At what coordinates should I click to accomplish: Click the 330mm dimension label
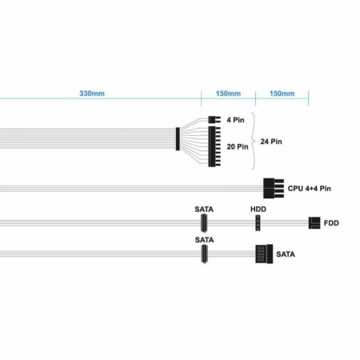(92, 94)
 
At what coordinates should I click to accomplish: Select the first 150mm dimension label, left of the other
(228, 94)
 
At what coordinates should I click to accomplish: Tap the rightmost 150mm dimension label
(282, 94)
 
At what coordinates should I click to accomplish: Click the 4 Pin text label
(235, 120)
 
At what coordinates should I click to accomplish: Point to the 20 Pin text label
(238, 146)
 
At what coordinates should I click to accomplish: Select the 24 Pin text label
(271, 142)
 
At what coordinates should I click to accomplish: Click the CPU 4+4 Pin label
(310, 189)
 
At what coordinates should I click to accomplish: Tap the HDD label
(258, 210)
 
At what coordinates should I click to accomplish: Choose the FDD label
(331, 223)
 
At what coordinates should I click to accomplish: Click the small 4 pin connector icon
(214, 119)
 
